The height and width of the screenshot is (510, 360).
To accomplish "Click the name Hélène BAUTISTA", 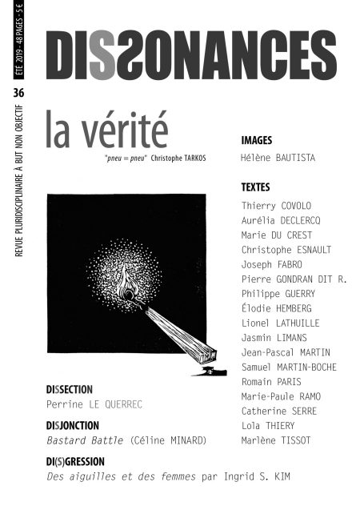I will [278, 158].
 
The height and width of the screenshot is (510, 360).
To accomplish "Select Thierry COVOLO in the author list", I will [276, 206].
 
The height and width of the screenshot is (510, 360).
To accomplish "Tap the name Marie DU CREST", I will [277, 235].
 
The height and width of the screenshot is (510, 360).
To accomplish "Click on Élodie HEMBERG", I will [276, 308].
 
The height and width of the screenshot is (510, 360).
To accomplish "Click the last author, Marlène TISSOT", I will [277, 440].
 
